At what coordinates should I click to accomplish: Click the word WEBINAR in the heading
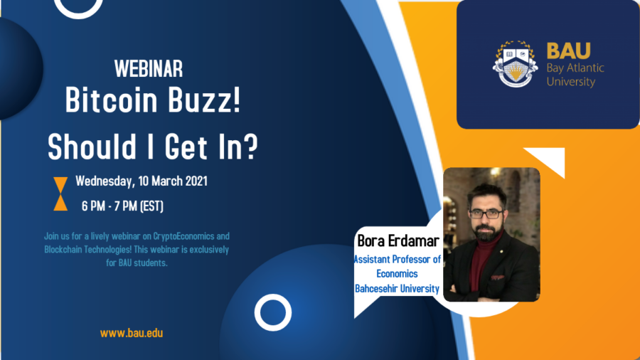click(x=149, y=69)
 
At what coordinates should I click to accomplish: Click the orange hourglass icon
click(x=61, y=194)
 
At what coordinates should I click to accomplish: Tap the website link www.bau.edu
click(x=132, y=332)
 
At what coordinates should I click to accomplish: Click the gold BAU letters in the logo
click(x=568, y=51)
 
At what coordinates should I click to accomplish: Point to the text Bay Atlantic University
click(x=575, y=75)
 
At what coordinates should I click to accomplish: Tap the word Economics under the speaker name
click(x=397, y=274)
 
